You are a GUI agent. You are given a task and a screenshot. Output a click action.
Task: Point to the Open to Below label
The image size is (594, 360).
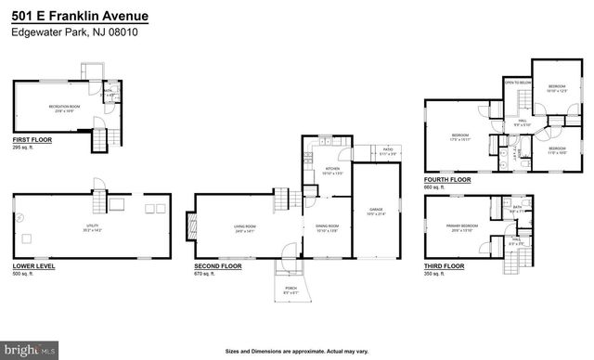click(517, 83)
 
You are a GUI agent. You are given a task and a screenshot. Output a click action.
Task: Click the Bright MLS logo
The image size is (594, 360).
click(31, 352)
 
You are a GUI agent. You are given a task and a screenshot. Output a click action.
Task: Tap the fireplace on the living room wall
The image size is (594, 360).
click(194, 224)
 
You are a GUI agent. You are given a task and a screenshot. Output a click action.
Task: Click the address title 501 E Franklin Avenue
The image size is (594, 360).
click(79, 17)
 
